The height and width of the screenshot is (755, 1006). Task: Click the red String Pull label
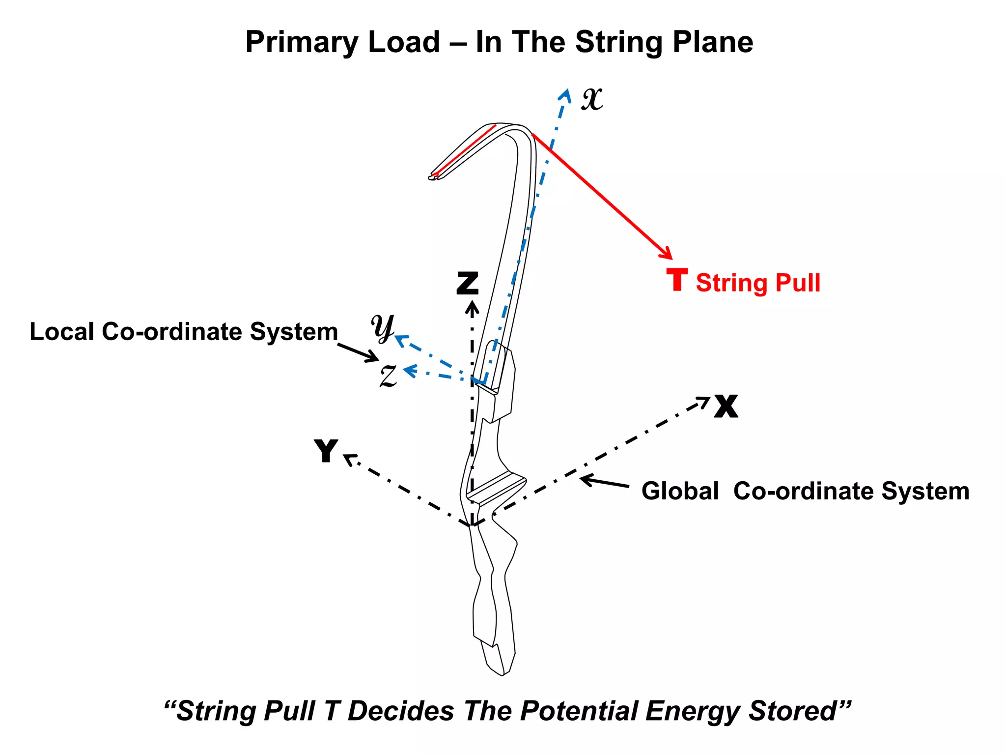[x=757, y=283]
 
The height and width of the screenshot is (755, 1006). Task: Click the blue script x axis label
[x=592, y=99]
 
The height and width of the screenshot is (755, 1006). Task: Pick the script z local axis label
[x=389, y=376]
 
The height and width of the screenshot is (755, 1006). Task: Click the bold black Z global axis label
[x=467, y=283]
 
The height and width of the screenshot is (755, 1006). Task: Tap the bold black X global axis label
[x=726, y=406]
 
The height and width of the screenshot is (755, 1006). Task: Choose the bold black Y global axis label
[x=326, y=450]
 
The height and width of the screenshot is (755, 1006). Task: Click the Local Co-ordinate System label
[x=184, y=332]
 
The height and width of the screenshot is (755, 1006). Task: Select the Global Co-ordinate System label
[x=805, y=491]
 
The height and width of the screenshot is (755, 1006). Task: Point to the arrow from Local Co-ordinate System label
[x=359, y=352]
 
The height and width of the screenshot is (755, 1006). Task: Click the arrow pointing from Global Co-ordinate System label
[x=604, y=482]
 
